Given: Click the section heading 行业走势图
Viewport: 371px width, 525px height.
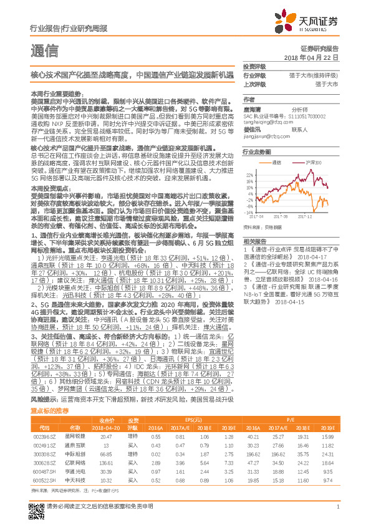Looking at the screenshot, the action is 256,152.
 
